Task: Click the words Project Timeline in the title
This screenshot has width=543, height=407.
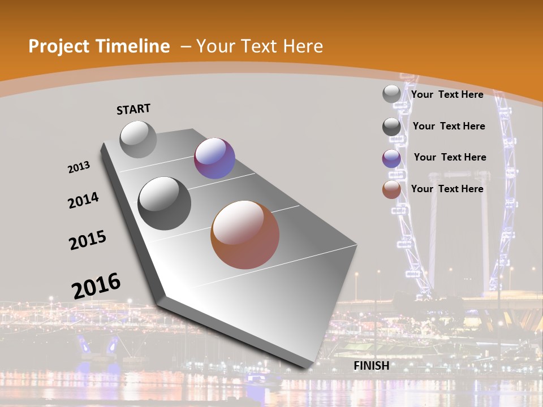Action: (99, 46)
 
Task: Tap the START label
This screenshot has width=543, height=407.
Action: (133, 109)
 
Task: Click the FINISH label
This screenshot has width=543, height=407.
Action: (371, 366)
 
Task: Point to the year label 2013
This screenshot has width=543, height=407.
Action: (79, 167)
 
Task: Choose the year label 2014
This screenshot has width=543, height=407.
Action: (83, 200)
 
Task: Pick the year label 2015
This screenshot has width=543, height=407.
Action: (88, 240)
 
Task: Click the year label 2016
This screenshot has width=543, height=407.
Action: (96, 286)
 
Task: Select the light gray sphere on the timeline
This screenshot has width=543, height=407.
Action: (138, 139)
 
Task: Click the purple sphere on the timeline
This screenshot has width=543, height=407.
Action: (214, 158)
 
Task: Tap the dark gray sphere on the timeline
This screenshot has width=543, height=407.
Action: (165, 203)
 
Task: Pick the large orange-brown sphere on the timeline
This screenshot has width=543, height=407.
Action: (245, 235)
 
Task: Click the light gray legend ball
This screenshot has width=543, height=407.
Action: (391, 94)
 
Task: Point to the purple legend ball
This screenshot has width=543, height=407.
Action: (391, 159)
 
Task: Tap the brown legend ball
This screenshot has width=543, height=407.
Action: (391, 190)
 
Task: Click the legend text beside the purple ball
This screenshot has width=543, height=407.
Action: (450, 157)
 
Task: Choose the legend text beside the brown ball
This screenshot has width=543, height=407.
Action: (447, 189)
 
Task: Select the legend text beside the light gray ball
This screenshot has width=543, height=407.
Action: (447, 94)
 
